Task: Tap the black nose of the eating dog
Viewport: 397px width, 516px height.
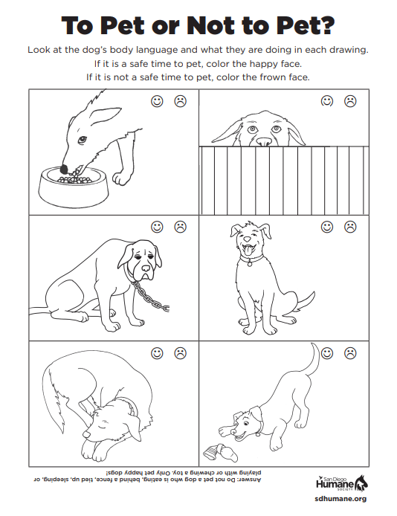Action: click(x=64, y=169)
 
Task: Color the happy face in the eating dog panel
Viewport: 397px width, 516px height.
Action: click(x=157, y=101)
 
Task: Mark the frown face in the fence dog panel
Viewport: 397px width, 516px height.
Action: click(x=350, y=101)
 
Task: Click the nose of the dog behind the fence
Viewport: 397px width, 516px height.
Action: click(x=264, y=142)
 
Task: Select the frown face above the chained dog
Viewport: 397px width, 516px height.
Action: click(x=180, y=227)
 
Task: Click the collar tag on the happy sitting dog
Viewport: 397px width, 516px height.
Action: click(x=250, y=264)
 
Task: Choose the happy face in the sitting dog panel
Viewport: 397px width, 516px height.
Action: click(x=327, y=227)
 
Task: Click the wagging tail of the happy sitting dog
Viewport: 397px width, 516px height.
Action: click(x=304, y=301)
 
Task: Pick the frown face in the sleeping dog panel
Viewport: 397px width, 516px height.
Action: click(x=180, y=353)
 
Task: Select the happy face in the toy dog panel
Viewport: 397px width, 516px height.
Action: click(x=327, y=353)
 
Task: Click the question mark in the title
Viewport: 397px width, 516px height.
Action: click(x=326, y=25)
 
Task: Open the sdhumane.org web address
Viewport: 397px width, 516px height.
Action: click(x=340, y=499)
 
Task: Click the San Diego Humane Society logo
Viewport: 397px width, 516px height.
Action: click(x=341, y=483)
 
